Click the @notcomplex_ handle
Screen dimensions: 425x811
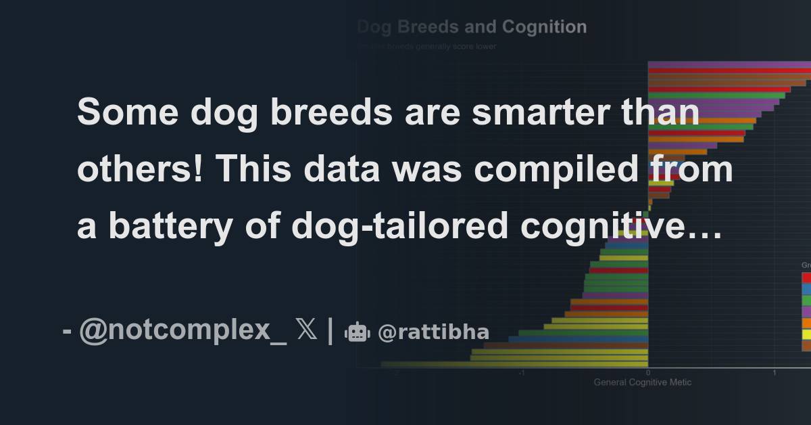[183, 331]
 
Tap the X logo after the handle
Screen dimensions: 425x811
[306, 331]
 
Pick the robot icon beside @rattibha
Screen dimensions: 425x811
[358, 332]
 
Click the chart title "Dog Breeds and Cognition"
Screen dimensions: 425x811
[472, 27]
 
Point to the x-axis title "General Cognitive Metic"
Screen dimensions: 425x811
[642, 382]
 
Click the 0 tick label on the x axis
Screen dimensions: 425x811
[647, 373]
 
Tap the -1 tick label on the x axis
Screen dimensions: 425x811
[521, 373]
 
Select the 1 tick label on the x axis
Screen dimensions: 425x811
[774, 373]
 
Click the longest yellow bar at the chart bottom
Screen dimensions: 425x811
[514, 364]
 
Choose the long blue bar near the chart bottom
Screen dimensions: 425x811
[578, 339]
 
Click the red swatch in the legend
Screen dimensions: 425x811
[806, 277]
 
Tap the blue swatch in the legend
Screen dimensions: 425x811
[806, 288]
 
